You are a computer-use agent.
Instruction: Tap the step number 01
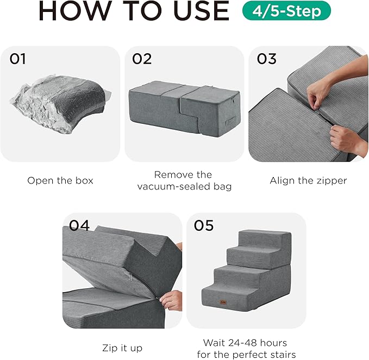coord(17,59)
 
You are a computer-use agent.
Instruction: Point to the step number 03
coord(266,59)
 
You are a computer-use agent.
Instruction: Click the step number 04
coord(79,225)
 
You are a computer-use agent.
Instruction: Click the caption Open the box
coord(60,181)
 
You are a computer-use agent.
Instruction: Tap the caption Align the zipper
coord(308,181)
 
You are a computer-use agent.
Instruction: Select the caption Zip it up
coord(122,348)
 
